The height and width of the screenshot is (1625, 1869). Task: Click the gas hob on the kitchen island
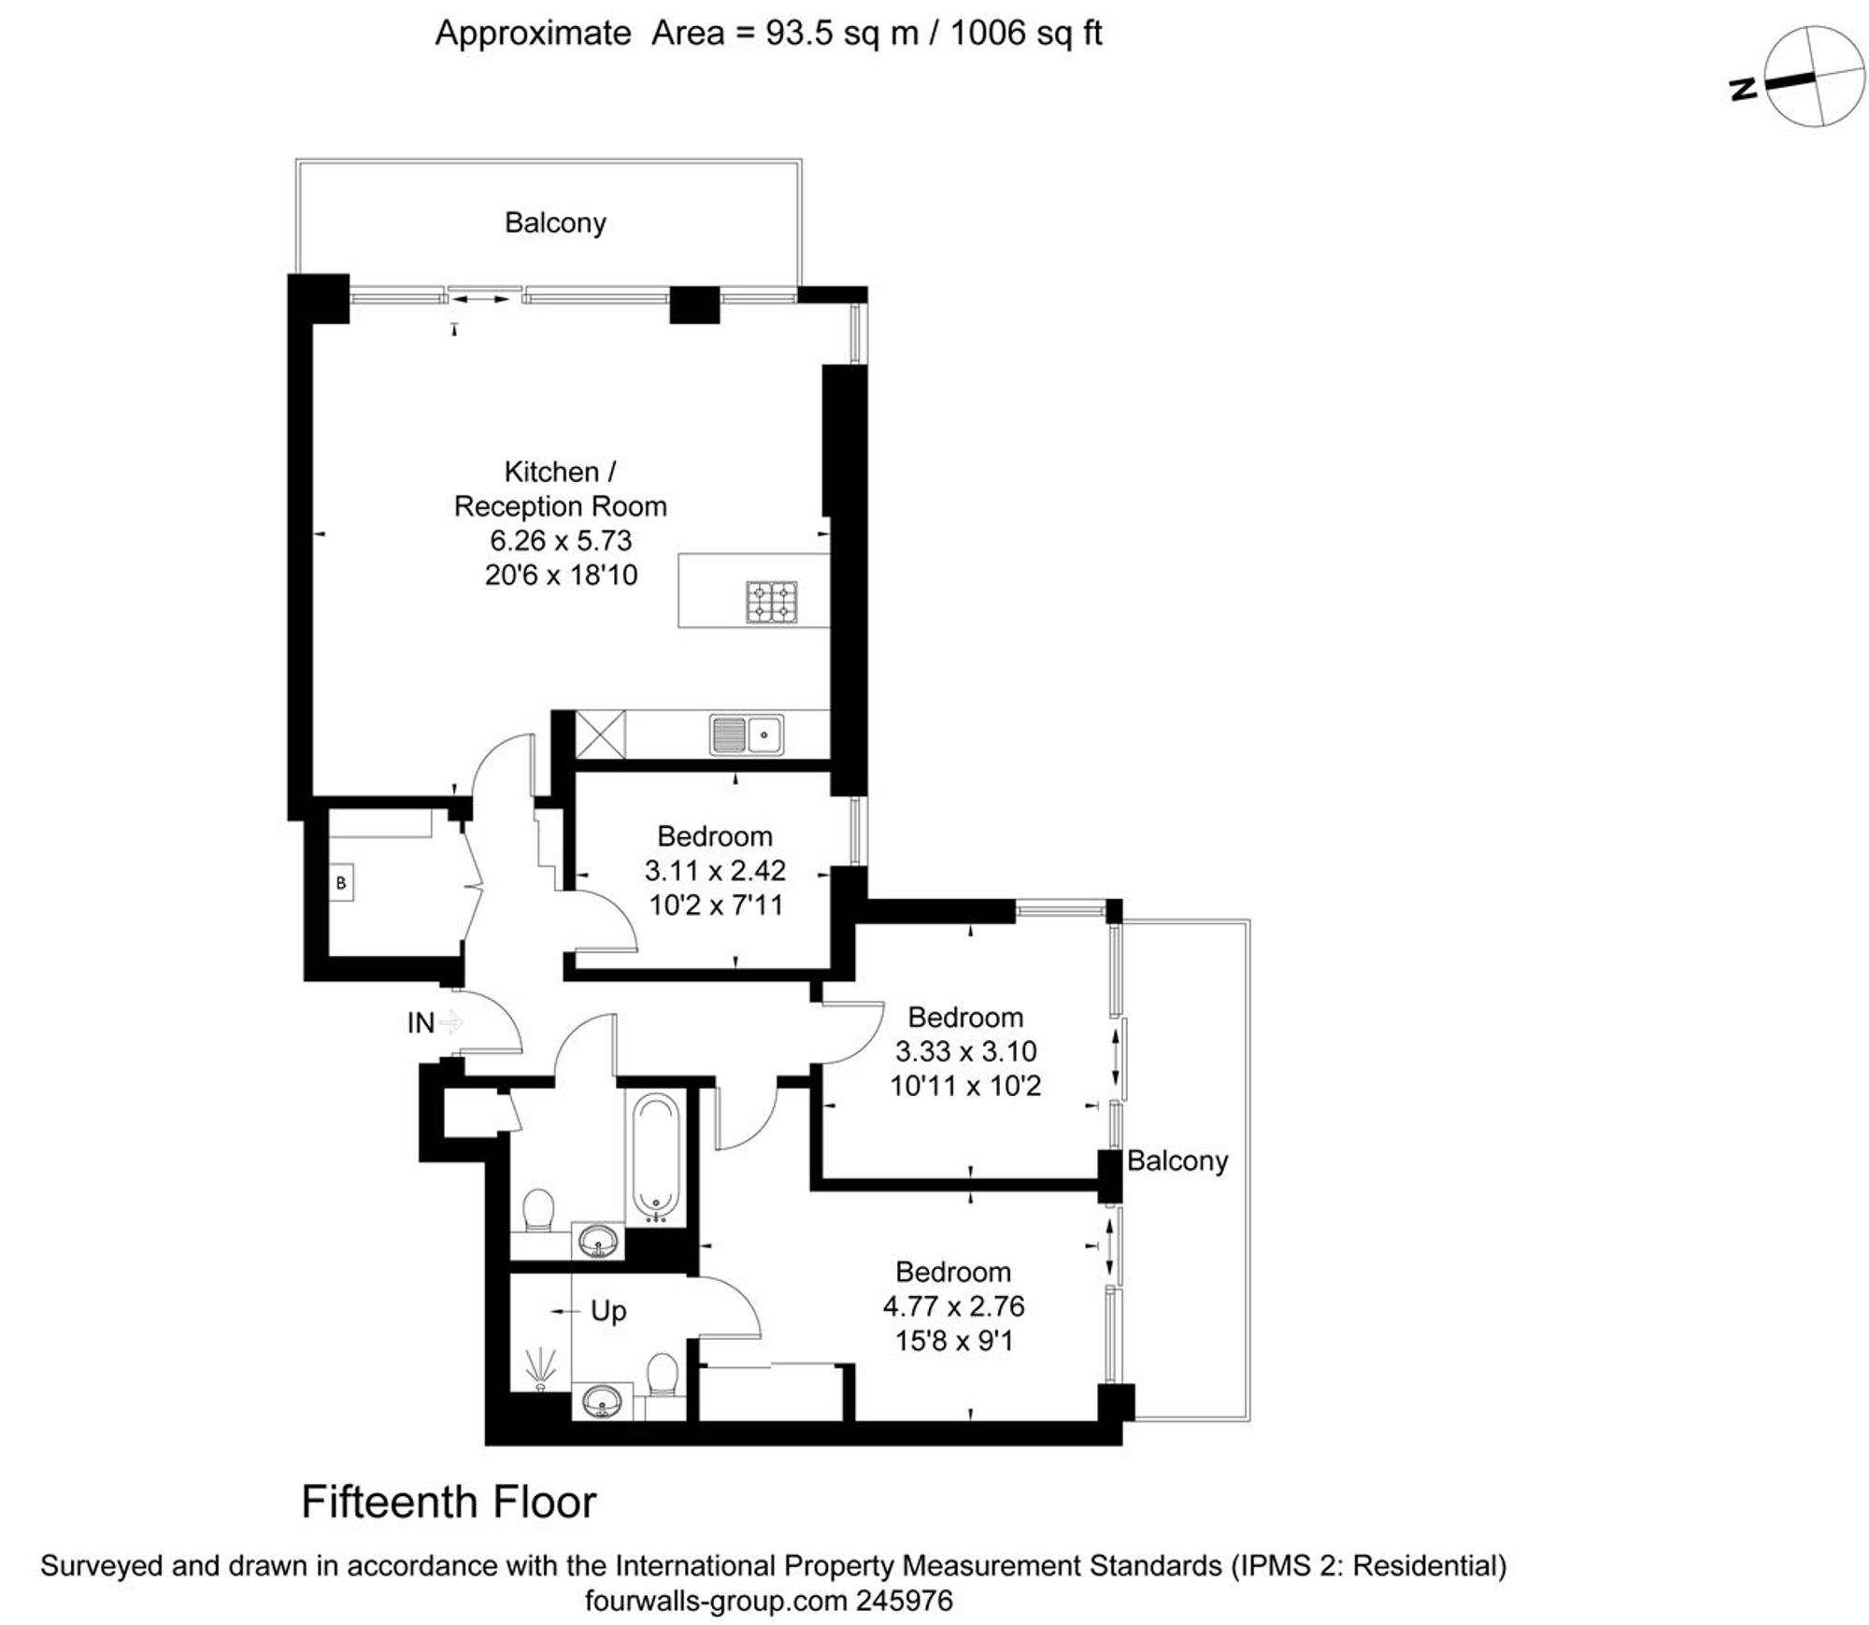(772, 602)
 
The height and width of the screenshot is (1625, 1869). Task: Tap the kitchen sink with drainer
(746, 734)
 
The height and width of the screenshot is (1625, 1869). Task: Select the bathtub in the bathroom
(656, 1159)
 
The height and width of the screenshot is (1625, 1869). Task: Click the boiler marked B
(341, 882)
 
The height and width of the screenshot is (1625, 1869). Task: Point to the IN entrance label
(421, 1023)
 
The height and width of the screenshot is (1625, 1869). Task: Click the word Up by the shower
(608, 1311)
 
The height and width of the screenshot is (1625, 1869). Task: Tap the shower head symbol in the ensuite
(540, 1369)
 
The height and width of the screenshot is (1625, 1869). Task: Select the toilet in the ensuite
(663, 1376)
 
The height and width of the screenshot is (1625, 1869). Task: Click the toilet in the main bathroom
(537, 1211)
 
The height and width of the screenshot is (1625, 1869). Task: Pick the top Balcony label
(555, 222)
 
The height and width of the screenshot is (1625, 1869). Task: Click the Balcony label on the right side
(1177, 1161)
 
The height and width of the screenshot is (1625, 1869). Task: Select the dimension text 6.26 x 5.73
(561, 540)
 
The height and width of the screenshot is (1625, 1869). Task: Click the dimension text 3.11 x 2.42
(715, 871)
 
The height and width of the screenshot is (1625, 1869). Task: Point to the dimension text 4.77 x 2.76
(953, 1306)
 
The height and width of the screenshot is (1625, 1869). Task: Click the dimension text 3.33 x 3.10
(965, 1051)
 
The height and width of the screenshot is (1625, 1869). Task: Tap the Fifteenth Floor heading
(449, 1503)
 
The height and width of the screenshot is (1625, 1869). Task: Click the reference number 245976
(905, 1601)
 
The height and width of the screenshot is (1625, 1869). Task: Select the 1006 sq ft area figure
(1026, 34)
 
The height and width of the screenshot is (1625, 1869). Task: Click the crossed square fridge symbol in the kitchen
(600, 734)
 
